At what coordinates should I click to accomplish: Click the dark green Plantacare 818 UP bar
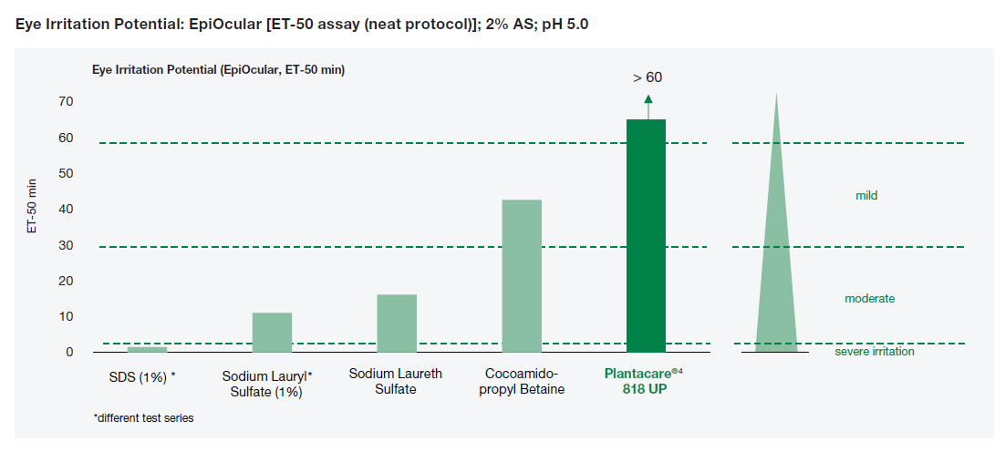click(x=646, y=235)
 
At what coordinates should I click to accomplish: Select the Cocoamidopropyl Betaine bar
click(x=522, y=275)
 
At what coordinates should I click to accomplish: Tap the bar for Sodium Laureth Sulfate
click(x=397, y=323)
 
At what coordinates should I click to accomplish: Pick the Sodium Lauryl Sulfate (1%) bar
click(x=272, y=332)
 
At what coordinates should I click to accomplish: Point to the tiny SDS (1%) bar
click(x=147, y=349)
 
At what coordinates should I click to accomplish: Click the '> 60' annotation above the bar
click(x=648, y=77)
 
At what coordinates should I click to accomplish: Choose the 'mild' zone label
click(x=866, y=196)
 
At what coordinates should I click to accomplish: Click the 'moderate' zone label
click(x=869, y=299)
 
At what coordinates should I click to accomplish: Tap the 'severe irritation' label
click(x=874, y=352)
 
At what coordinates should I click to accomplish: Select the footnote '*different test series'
click(x=143, y=418)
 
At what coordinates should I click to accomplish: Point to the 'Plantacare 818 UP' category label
click(x=644, y=382)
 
